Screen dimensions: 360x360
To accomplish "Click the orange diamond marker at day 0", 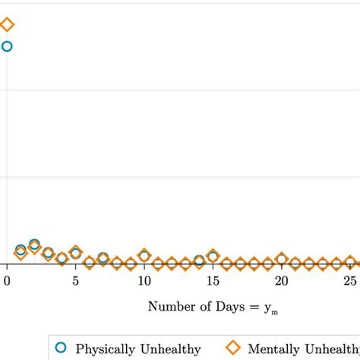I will point(7,25).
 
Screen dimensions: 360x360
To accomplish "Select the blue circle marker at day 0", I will point(7,46).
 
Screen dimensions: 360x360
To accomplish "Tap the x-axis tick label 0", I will point(7,281).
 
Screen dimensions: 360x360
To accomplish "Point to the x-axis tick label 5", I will point(75,281).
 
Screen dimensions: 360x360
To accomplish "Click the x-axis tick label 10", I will point(144,281).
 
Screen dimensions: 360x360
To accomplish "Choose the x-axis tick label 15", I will point(213,281).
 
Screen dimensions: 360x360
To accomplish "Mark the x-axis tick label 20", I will point(281,281).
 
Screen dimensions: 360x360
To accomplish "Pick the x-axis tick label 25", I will point(349,281).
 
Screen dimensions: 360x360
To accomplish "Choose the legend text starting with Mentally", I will point(304,350).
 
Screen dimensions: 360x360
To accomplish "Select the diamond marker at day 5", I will point(75,252).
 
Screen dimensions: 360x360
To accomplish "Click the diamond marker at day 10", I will point(144,256).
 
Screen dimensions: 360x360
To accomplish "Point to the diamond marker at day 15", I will point(213,256).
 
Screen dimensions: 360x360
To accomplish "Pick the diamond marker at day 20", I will point(281,260).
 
